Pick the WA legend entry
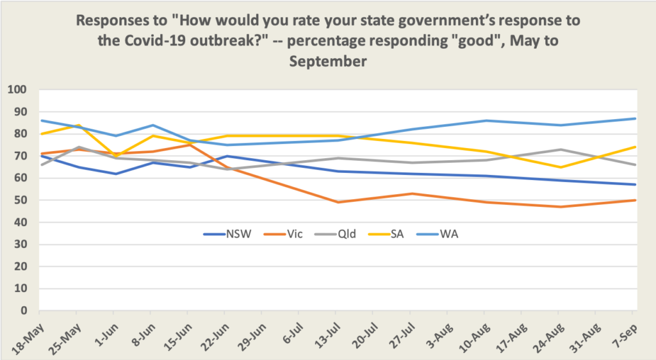coord(450,234)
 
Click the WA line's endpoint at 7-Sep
coord(634,119)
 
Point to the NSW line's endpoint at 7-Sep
coord(634,184)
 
